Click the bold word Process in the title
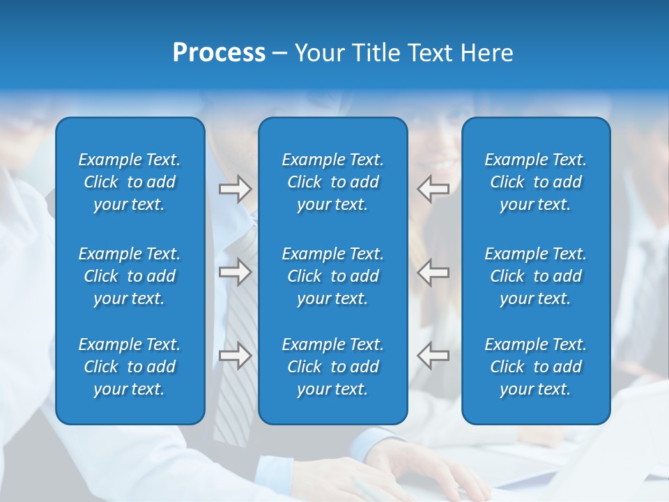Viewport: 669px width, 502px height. coord(219,53)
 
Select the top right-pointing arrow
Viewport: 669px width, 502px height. coord(235,189)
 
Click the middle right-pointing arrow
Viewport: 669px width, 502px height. coord(235,272)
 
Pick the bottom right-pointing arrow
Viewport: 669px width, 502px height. coord(235,356)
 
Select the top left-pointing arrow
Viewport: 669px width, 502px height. coord(433,189)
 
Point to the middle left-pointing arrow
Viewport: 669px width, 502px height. coord(433,272)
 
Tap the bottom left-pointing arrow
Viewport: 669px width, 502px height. coord(433,356)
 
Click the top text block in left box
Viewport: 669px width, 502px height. coord(130,182)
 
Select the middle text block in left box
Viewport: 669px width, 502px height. coord(130,276)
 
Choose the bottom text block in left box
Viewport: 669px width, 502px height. coord(130,367)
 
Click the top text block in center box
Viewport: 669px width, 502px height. coord(333,182)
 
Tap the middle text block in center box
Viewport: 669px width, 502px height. coord(333,276)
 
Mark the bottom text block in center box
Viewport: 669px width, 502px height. coord(333,367)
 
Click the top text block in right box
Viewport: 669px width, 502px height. coord(536,182)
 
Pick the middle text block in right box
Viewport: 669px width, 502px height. coord(536,276)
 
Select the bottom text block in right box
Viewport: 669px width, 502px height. coord(536,367)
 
